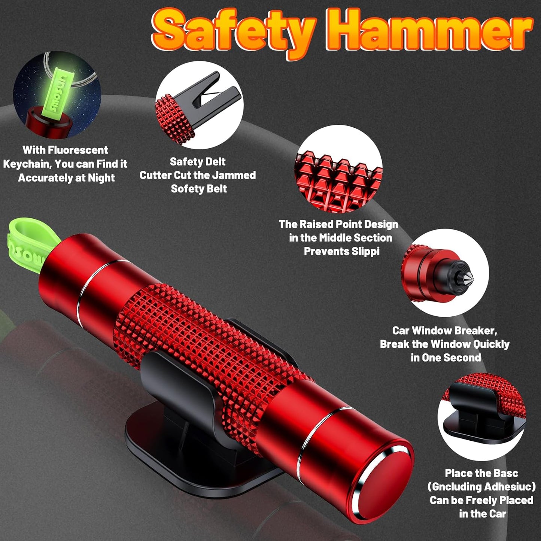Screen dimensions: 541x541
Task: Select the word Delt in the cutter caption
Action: (x=215, y=162)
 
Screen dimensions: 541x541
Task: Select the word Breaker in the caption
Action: (x=475, y=331)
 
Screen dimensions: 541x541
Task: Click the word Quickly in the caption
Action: (x=491, y=344)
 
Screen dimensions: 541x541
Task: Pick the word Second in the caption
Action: (x=464, y=358)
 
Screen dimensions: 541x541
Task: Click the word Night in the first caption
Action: (x=101, y=178)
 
